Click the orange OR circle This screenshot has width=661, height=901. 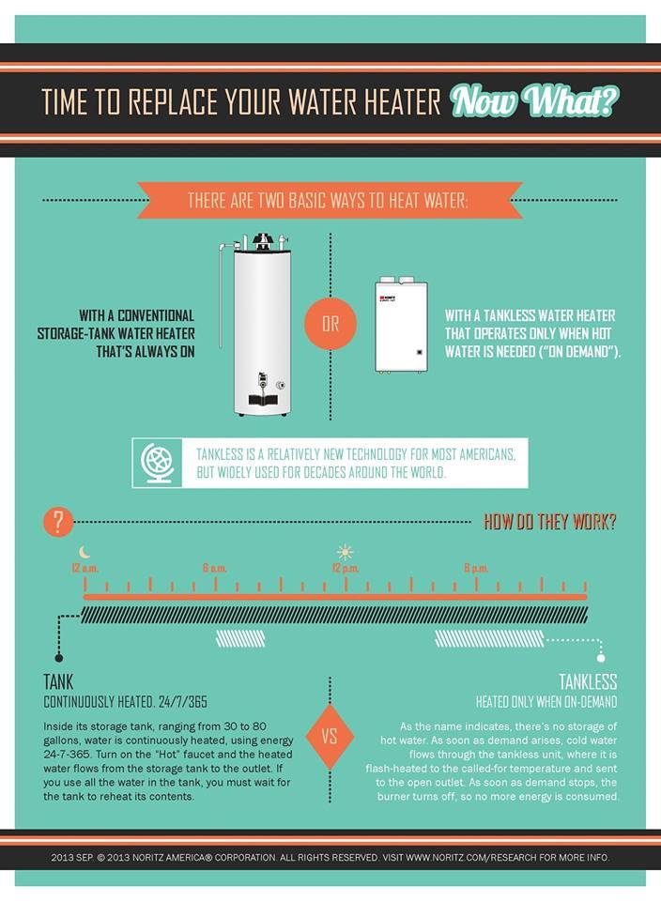click(x=330, y=324)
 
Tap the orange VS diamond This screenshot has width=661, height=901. click(x=330, y=737)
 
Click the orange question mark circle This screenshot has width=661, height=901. click(x=58, y=522)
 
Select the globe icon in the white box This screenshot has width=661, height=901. click(x=158, y=463)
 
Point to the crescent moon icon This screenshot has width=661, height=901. click(x=85, y=552)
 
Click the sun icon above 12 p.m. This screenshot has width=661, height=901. click(x=345, y=552)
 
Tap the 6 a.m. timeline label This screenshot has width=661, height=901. click(x=214, y=569)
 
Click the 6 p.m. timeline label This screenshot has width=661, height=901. click(x=476, y=569)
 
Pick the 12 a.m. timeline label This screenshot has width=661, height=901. click(x=85, y=569)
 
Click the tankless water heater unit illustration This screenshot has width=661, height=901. click(x=401, y=325)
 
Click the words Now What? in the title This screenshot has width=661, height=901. click(x=534, y=101)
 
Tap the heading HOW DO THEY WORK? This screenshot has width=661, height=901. click(x=549, y=522)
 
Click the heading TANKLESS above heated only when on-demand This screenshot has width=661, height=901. click(x=588, y=682)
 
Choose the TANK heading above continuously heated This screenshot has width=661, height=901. click(x=58, y=682)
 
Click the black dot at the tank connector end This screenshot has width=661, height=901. click(x=58, y=658)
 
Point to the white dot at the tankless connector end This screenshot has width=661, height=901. click(x=601, y=658)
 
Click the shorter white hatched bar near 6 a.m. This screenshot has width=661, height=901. click(x=240, y=638)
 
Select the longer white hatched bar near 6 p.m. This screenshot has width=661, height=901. click(x=489, y=638)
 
